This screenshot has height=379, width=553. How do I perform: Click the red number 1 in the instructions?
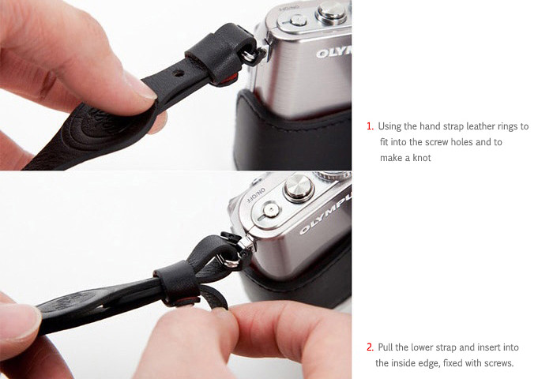[x=369, y=126]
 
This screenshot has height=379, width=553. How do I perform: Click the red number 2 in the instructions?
[x=370, y=347]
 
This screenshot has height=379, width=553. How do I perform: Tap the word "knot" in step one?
[x=422, y=158]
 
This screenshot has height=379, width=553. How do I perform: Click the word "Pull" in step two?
[x=386, y=347]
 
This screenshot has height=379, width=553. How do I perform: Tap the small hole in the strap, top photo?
[x=179, y=73]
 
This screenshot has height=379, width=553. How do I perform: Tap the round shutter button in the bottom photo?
[x=299, y=187]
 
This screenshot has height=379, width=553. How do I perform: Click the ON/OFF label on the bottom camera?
[x=257, y=197]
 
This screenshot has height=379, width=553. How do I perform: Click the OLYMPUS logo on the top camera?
[x=333, y=52]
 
